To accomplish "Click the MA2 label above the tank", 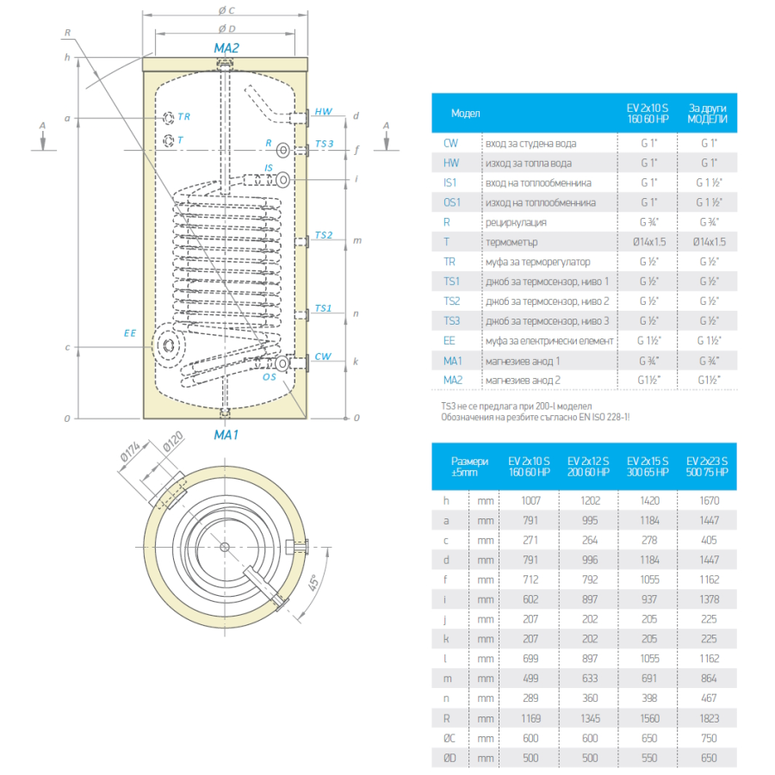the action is coord(226,48).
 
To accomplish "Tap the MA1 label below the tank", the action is coord(226,435).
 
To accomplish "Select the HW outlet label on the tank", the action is coord(324,112).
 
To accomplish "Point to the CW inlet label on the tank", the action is coord(323,356).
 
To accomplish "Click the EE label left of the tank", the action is coord(130,333).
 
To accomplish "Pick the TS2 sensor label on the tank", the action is coord(324,235).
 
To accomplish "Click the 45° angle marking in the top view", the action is coord(313,583).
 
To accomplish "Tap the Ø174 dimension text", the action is coord(131,451).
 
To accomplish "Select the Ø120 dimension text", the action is coord(173,442).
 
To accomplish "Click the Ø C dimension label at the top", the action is coord(226,9).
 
